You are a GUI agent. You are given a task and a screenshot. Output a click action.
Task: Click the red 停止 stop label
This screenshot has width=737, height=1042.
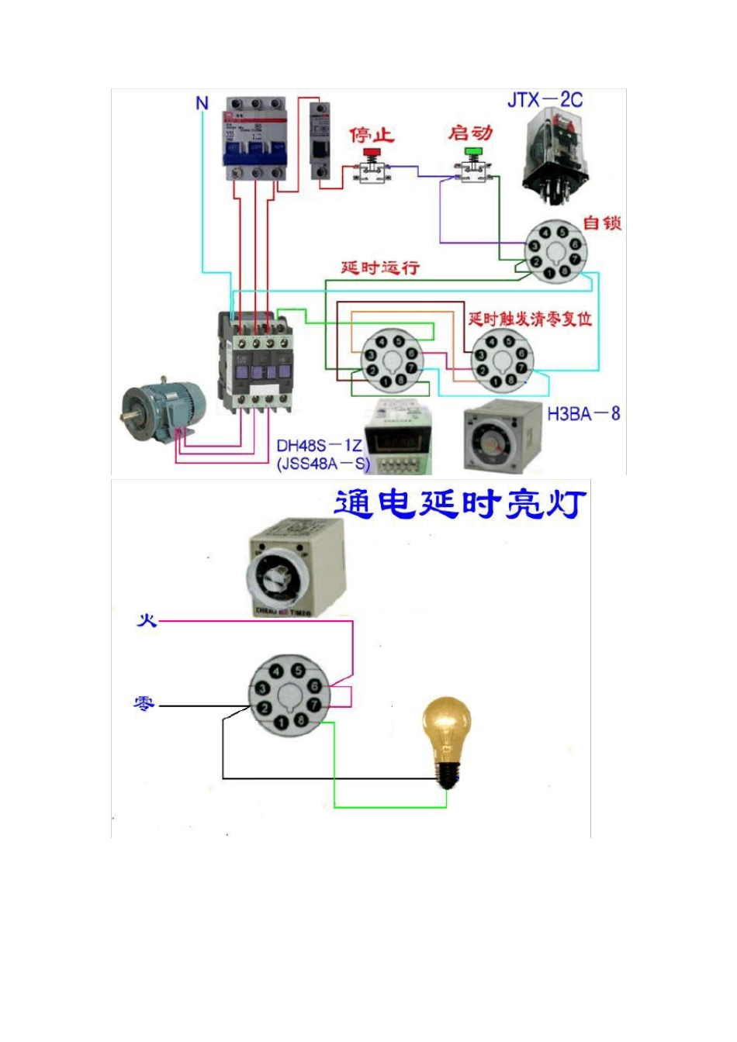click(x=372, y=135)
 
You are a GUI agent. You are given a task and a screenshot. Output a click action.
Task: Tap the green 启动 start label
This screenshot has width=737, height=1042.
click(x=470, y=133)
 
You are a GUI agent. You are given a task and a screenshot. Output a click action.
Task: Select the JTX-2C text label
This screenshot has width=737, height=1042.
click(x=545, y=100)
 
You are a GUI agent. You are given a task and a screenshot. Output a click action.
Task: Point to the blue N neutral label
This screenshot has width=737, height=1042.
click(x=202, y=103)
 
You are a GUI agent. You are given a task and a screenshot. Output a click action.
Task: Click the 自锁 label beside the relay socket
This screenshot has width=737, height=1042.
click(x=602, y=223)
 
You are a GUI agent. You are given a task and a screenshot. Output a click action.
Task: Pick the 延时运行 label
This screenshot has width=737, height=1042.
click(x=380, y=267)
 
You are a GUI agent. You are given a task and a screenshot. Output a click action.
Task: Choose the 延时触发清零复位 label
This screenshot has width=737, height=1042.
click(x=530, y=319)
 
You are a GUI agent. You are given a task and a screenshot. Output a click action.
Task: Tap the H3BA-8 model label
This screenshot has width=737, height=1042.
click(x=583, y=414)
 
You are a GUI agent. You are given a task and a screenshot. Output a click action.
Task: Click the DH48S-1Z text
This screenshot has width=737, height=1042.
click(x=319, y=446)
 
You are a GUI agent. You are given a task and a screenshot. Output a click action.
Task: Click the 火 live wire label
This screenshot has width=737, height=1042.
click(x=147, y=620)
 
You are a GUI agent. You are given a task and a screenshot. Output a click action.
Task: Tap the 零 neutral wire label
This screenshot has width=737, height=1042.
click(x=144, y=704)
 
